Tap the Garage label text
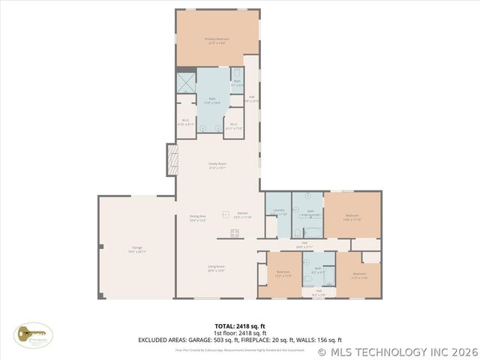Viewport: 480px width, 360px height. click(x=137, y=247)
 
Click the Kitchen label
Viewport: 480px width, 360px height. click(x=243, y=214)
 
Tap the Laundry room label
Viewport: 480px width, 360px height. click(x=277, y=211)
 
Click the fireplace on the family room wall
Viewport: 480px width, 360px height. click(x=172, y=159)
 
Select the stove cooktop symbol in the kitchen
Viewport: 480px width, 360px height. click(x=235, y=232)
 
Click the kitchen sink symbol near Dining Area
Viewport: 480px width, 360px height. click(x=224, y=214)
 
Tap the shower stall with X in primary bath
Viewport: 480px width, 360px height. click(x=185, y=82)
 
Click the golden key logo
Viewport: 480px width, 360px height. click(x=31, y=333)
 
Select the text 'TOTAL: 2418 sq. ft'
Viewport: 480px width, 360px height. click(x=240, y=326)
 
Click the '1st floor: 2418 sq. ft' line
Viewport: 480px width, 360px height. click(x=240, y=333)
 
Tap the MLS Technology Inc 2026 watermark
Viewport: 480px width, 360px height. click(x=398, y=351)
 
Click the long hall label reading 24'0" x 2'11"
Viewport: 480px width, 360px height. click(x=304, y=244)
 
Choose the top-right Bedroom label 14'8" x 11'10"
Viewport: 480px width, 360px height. click(x=352, y=217)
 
